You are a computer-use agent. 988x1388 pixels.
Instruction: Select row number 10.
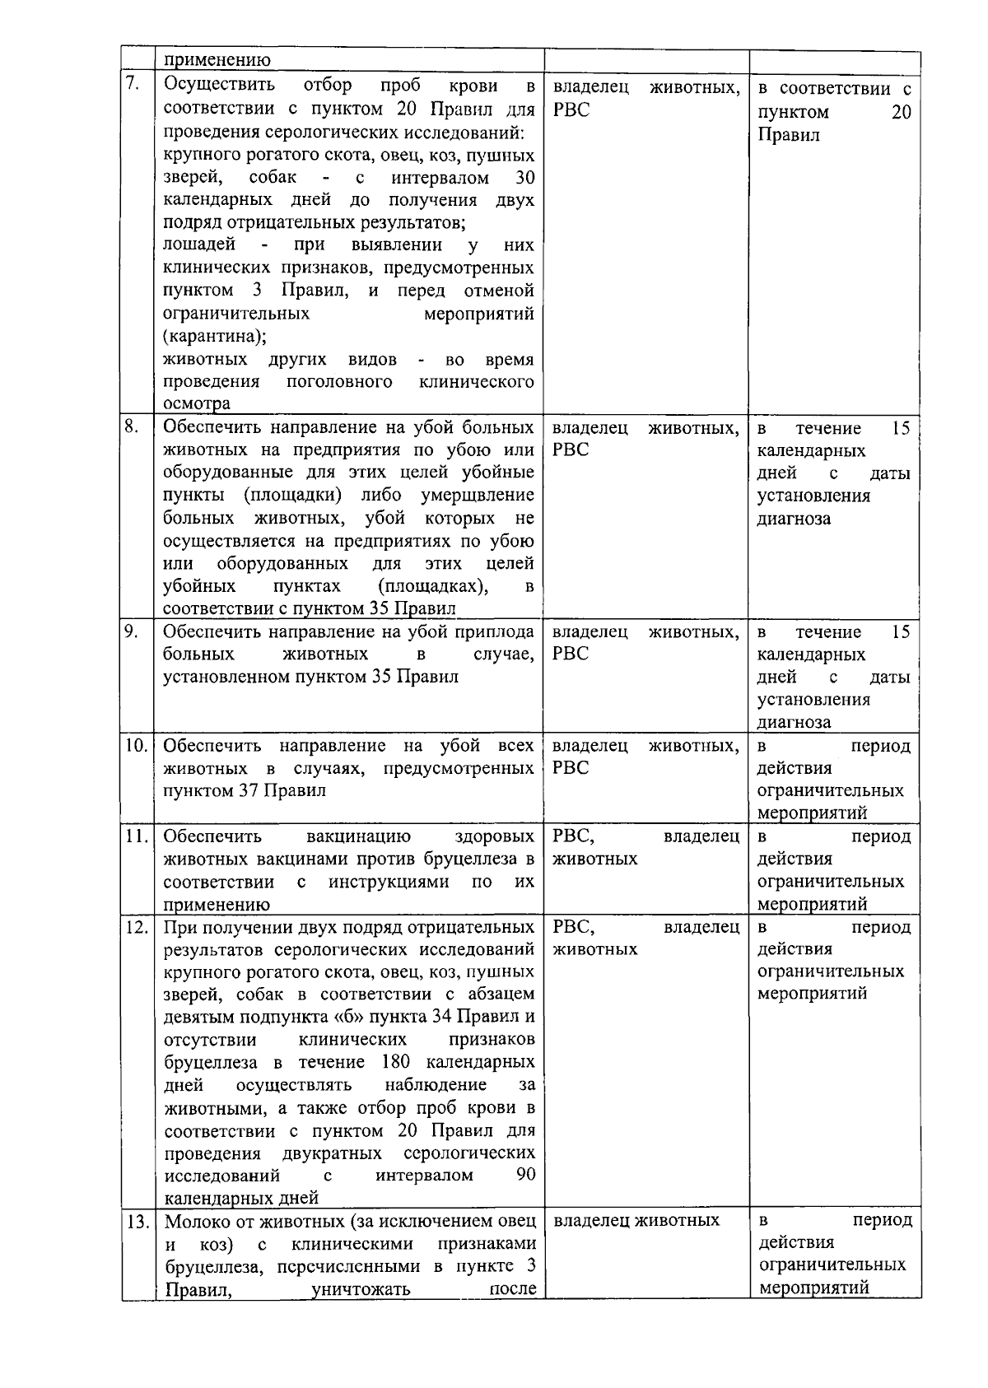(x=135, y=746)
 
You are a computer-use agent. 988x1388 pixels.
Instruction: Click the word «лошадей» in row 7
(x=199, y=245)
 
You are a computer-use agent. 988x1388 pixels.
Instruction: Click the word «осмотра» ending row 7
(x=196, y=403)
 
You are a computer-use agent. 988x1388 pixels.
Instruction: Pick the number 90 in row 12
(x=524, y=1175)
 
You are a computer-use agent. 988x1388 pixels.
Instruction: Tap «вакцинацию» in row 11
(x=358, y=836)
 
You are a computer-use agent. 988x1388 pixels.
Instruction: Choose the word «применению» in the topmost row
(x=217, y=59)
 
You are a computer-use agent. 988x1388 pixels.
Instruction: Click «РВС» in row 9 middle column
(x=571, y=654)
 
